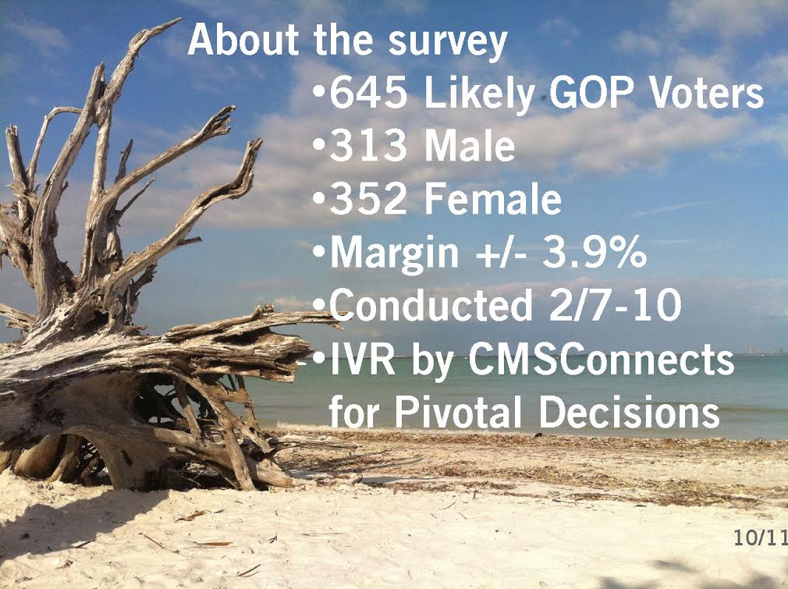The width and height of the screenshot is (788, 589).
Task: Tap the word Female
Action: pyautogui.click(x=493, y=200)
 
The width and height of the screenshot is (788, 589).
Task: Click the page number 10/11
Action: pyautogui.click(x=760, y=538)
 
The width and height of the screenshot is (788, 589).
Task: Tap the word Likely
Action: pyautogui.click(x=481, y=97)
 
